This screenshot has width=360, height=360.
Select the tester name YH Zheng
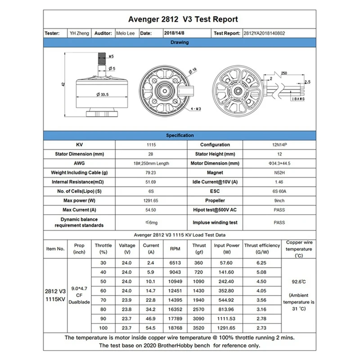click(x=79, y=33)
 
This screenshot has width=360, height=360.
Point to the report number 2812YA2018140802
click(x=264, y=33)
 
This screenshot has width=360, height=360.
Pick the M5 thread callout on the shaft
click(x=111, y=57)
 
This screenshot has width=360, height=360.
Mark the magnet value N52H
click(x=279, y=172)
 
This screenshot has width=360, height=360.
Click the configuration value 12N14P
click(x=279, y=144)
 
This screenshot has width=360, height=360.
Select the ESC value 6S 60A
click(x=279, y=191)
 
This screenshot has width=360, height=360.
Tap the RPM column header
click(x=175, y=248)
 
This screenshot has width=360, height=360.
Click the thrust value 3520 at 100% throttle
click(x=199, y=328)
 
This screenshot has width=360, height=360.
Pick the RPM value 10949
click(x=175, y=281)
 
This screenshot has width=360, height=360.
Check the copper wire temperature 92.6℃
click(x=299, y=282)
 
